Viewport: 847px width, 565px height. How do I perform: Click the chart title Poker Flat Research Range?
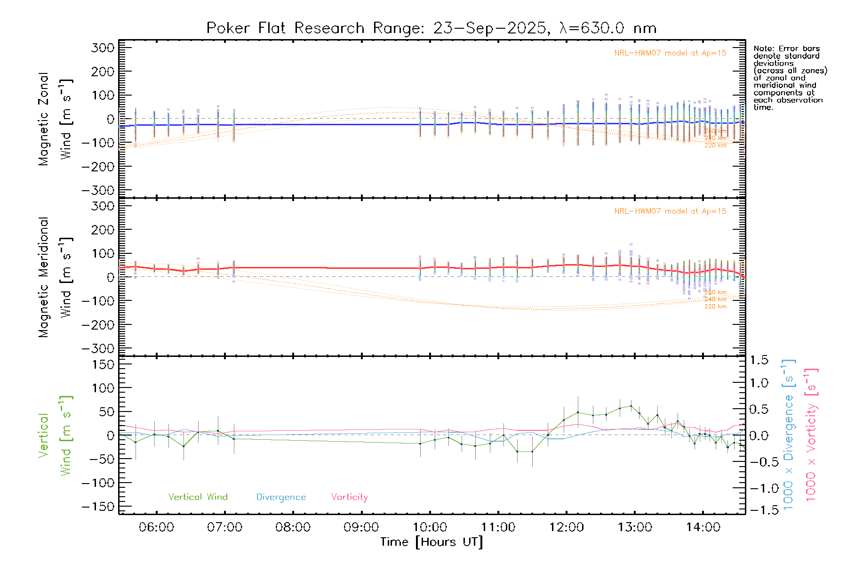click(x=431, y=28)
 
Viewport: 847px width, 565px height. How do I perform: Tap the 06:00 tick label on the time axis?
click(x=156, y=527)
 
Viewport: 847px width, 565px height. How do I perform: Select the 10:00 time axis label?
click(x=430, y=527)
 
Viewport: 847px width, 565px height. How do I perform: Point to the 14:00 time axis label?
click(x=703, y=527)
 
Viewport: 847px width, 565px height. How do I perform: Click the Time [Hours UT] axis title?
click(x=431, y=542)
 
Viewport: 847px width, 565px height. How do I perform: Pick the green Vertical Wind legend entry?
click(x=198, y=497)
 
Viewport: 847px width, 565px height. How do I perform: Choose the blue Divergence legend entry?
click(x=281, y=497)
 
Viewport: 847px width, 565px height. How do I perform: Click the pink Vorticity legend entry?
click(x=349, y=497)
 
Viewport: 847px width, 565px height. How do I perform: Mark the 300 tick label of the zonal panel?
click(x=103, y=48)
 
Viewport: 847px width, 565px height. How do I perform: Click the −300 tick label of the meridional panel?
click(x=98, y=348)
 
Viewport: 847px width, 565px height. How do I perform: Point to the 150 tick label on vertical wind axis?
click(x=103, y=364)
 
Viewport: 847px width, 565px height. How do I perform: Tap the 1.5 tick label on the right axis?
click(x=759, y=360)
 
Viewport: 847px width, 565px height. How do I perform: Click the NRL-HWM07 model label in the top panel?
click(x=670, y=53)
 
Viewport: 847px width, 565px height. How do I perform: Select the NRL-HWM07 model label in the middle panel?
click(x=670, y=211)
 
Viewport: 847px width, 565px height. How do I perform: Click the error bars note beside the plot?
click(x=790, y=78)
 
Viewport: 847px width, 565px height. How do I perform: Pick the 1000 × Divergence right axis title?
click(x=789, y=434)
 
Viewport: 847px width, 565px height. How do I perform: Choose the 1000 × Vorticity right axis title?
click(x=811, y=434)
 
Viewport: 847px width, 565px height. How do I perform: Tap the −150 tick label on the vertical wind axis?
click(x=98, y=507)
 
